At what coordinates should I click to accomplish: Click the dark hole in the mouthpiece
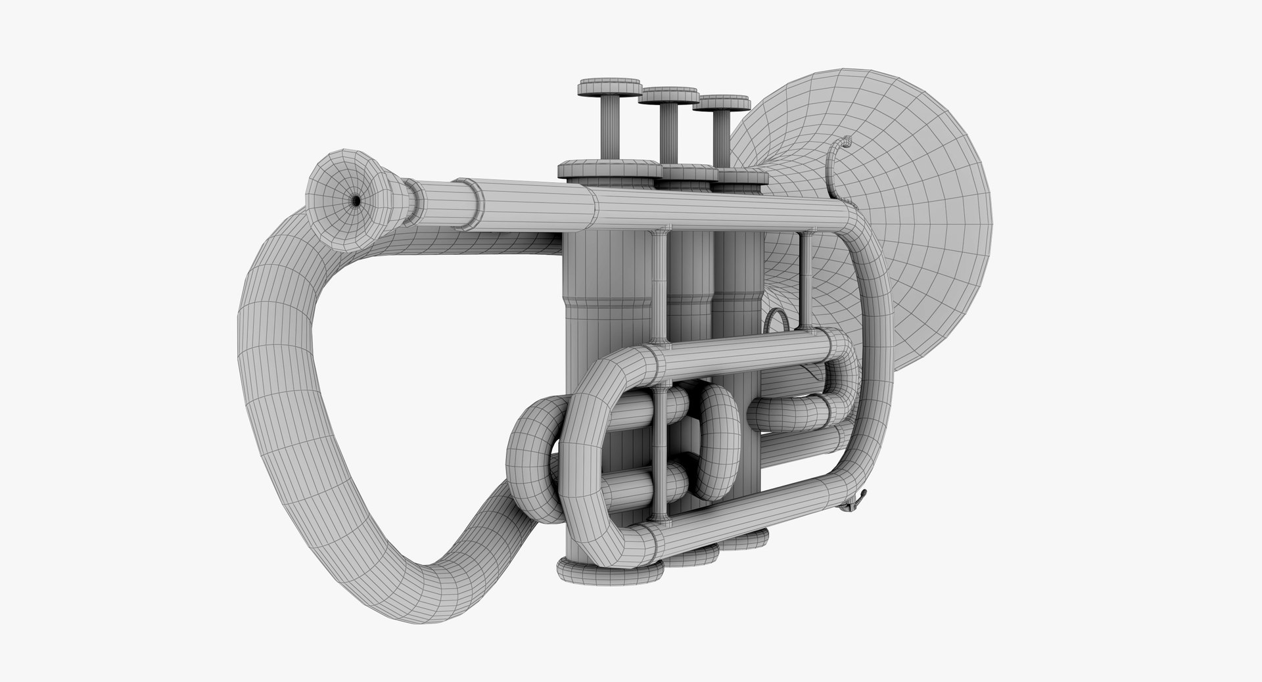tap(356, 200)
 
